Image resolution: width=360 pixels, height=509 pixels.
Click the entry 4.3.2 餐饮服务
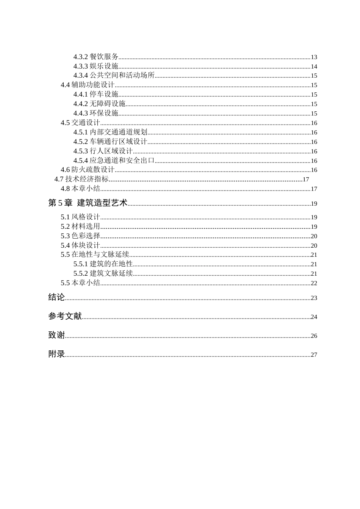click(x=96, y=57)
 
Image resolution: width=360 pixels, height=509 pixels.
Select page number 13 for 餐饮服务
click(x=314, y=57)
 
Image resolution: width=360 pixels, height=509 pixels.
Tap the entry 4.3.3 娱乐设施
click(x=96, y=66)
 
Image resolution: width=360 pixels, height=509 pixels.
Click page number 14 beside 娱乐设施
click(x=314, y=67)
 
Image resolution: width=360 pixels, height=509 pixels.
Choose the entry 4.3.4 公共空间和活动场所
click(x=114, y=75)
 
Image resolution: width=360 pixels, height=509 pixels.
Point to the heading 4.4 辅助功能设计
click(x=88, y=85)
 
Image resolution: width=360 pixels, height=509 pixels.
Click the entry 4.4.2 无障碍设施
click(x=99, y=104)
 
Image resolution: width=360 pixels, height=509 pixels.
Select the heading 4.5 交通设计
click(x=80, y=123)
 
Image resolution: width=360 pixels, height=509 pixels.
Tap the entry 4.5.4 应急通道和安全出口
click(x=114, y=161)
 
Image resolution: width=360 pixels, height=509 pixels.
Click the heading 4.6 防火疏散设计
click(x=88, y=170)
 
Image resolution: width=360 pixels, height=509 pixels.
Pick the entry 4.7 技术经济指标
click(x=81, y=179)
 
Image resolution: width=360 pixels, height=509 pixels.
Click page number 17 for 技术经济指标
click(x=306, y=180)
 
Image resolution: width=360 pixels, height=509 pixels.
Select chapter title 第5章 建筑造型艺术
click(x=88, y=203)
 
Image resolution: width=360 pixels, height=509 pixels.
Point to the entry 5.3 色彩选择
click(x=80, y=236)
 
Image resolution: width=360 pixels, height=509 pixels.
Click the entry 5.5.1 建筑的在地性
click(x=103, y=264)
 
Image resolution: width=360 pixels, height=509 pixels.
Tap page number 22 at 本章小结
click(x=314, y=283)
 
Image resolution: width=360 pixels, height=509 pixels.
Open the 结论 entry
click(x=56, y=297)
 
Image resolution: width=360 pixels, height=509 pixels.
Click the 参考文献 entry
click(x=65, y=316)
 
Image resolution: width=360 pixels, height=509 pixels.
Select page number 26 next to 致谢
click(x=314, y=336)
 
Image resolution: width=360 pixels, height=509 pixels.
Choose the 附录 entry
click(x=56, y=354)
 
